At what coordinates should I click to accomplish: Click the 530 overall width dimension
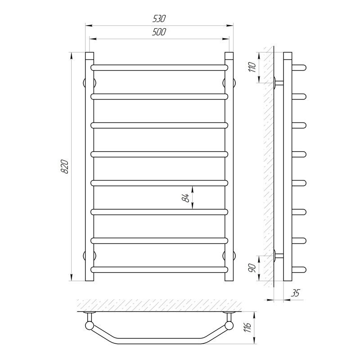[x=159, y=19]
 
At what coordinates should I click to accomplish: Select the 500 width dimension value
[x=159, y=32]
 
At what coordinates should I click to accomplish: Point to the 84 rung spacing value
[x=186, y=198]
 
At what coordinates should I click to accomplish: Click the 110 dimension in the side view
[x=252, y=67]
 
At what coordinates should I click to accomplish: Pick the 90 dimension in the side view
[x=252, y=268]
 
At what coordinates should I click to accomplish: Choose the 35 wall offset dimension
[x=296, y=293]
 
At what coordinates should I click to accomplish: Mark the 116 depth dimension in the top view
[x=248, y=328]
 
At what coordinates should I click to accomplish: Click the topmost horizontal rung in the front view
[x=159, y=67]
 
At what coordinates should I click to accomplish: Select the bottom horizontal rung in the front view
[x=159, y=270]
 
